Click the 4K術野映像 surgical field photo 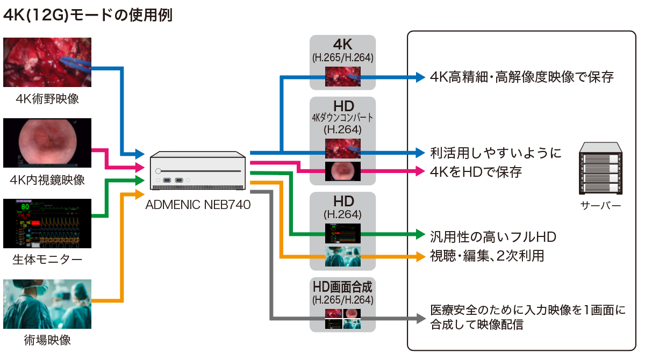(47, 62)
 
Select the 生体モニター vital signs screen (47, 224)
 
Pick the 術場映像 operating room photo (47, 304)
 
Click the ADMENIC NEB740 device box (198, 170)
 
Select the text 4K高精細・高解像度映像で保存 (521, 77)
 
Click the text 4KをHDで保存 (476, 172)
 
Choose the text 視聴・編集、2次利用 (487, 256)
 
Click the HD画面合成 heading (342, 285)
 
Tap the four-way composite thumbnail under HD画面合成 (342, 319)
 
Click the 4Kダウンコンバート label (342, 117)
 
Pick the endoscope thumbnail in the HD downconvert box (342, 171)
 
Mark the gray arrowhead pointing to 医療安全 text (421, 318)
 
